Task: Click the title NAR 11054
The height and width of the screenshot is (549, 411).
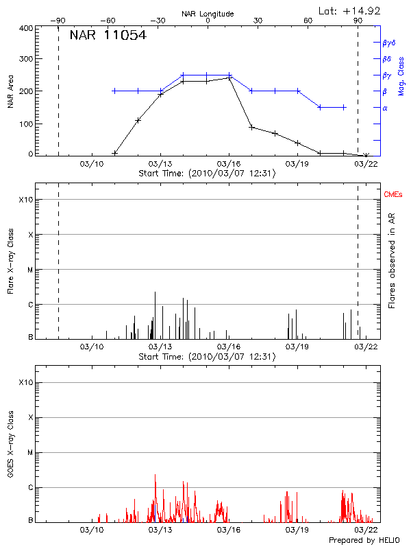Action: tap(108, 36)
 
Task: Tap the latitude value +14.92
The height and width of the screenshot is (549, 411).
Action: tap(350, 10)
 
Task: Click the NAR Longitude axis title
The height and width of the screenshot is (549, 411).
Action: tap(208, 13)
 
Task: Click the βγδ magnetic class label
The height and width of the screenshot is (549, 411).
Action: tap(389, 43)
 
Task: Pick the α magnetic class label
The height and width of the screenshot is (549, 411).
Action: tap(384, 108)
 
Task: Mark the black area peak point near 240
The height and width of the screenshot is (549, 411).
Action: tap(229, 78)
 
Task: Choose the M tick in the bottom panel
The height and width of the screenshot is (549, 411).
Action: tap(29, 453)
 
